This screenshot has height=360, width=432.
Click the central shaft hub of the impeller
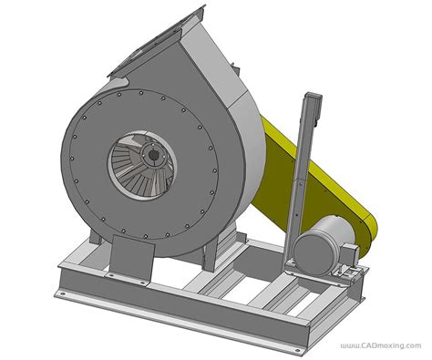[154, 155]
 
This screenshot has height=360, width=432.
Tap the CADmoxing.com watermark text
[381, 345]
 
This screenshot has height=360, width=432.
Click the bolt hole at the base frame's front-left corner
[63, 293]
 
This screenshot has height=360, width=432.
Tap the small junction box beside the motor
[349, 252]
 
